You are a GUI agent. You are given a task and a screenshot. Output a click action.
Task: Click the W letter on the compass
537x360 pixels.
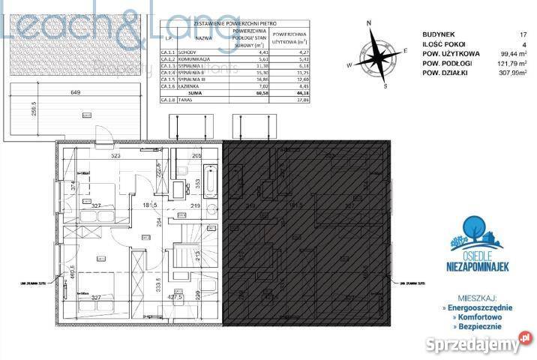pos(349,66)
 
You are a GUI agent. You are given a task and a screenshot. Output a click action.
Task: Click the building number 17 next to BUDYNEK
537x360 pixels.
pos(523,34)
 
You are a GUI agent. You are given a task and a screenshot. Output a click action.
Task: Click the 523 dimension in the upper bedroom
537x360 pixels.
pos(116,156)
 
